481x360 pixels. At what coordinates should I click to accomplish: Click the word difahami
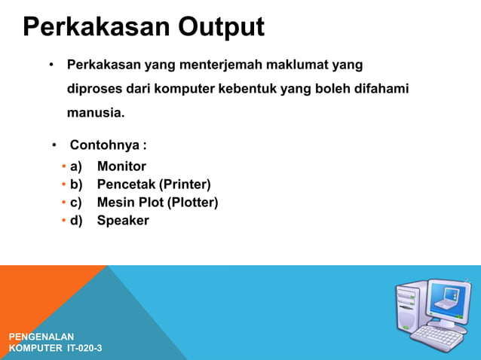pyautogui.click(x=376, y=89)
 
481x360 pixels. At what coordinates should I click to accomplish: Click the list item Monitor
pyautogui.click(x=121, y=166)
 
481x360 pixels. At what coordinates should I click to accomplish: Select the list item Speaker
pyautogui.click(x=123, y=221)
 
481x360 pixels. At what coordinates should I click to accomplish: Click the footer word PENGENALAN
pyautogui.click(x=41, y=336)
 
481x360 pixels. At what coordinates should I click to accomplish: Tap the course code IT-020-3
pyautogui.click(x=84, y=348)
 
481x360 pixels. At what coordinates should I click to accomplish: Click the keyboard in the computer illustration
pyautogui.click(x=437, y=337)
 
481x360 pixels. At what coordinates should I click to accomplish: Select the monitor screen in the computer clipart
pyautogui.click(x=449, y=301)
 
